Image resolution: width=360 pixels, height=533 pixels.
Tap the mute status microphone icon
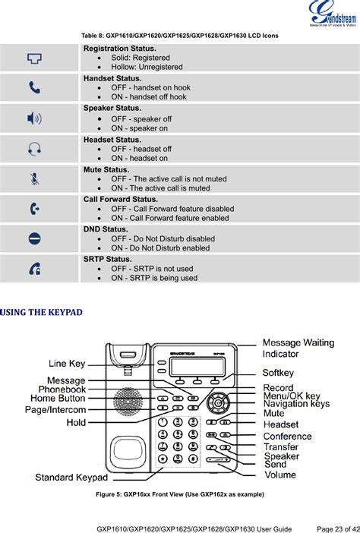pyautogui.click(x=35, y=178)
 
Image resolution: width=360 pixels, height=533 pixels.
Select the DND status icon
pyautogui.click(x=35, y=238)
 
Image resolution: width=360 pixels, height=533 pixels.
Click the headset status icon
pyautogui.click(x=35, y=149)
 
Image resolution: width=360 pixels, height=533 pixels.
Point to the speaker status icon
pyautogui.click(x=35, y=118)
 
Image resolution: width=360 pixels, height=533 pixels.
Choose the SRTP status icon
pyautogui.click(x=35, y=269)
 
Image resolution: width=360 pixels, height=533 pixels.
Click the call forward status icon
pyautogui.click(x=35, y=208)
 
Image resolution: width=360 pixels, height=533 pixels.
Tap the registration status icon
pyautogui.click(x=35, y=58)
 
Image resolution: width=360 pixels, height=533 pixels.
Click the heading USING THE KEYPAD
pyautogui.click(x=41, y=312)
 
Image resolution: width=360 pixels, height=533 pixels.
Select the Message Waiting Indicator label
pyautogui.click(x=298, y=348)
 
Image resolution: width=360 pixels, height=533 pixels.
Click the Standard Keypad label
pyautogui.click(x=71, y=478)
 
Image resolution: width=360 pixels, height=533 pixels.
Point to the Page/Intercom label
pyautogui.click(x=55, y=409)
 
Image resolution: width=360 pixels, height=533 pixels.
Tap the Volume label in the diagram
pyautogui.click(x=280, y=475)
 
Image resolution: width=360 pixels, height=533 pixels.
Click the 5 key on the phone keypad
pyautogui.click(x=178, y=434)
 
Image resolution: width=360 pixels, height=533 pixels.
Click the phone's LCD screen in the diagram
pyautogui.click(x=197, y=367)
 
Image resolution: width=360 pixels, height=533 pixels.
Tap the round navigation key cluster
pyautogui.click(x=219, y=403)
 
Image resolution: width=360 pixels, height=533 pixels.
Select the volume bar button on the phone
pyautogui.click(x=218, y=460)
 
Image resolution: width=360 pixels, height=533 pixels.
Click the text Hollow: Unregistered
pyautogui.click(x=147, y=67)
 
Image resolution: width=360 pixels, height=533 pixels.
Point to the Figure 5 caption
pyautogui.click(x=180, y=494)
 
